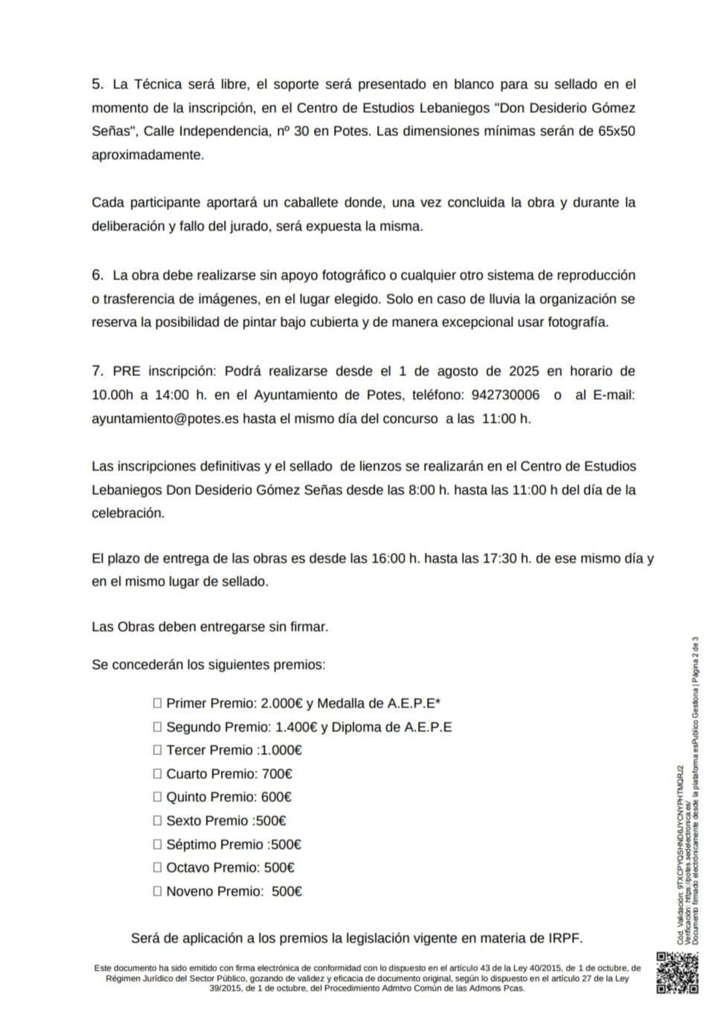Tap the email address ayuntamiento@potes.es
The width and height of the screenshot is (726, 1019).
coord(165,418)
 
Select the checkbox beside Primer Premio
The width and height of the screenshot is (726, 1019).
coord(157,703)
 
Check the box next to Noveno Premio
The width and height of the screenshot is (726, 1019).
coord(157,891)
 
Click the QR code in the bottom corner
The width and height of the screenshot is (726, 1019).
coord(677,972)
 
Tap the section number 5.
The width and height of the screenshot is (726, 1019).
coord(97,84)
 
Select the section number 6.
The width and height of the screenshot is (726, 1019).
coord(97,275)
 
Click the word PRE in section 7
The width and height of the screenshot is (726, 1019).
coord(126,371)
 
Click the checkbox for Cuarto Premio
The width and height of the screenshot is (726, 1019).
coord(157,774)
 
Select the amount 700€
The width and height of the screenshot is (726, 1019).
coord(277,774)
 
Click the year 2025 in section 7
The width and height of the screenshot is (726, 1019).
coord(524,371)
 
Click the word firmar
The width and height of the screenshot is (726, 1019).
coord(309,627)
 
